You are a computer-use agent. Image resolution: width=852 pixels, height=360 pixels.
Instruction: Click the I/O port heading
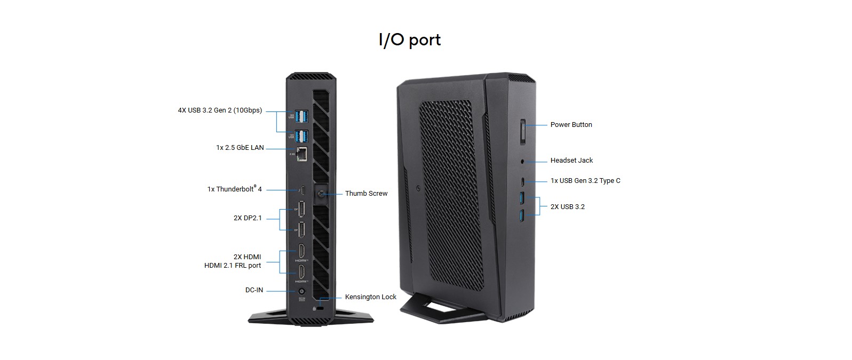[x=409, y=40]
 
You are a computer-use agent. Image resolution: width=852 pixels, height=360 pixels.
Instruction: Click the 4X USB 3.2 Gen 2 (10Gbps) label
[x=220, y=110]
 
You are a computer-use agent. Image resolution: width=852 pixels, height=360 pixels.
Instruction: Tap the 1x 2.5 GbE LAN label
[x=240, y=148]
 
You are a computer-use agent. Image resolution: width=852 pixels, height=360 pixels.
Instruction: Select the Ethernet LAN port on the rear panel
[x=302, y=154]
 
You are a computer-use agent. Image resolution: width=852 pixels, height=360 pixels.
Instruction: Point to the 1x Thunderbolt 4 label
[x=234, y=189]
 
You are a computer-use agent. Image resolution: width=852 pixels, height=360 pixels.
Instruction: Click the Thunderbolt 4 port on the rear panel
[x=301, y=190]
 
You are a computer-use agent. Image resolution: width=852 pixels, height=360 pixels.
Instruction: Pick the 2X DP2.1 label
[x=248, y=218]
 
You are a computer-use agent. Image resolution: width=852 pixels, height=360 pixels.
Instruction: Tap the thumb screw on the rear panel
[x=321, y=194]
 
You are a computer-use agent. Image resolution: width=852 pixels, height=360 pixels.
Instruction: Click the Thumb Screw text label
[x=366, y=194]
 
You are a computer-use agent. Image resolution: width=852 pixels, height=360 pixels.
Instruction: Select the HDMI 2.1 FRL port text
[x=233, y=266]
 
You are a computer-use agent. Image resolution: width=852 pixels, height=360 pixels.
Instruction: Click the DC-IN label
[x=254, y=290]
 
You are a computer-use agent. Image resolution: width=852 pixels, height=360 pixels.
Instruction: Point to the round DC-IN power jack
[x=301, y=291]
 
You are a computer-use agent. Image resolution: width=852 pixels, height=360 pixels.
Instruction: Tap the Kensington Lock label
[x=370, y=297]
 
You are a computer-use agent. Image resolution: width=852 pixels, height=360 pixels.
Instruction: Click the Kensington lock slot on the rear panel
[x=320, y=308]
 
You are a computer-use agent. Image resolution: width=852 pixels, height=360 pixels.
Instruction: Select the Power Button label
[x=571, y=125]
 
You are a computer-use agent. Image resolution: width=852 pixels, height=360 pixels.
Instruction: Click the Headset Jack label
[x=571, y=161]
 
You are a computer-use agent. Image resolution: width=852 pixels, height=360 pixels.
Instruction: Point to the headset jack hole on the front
[x=523, y=161]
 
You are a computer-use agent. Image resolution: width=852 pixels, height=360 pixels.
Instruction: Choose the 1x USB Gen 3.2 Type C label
[x=585, y=181]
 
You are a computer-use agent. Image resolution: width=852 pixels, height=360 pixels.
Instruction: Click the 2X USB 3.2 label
[x=567, y=207]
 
